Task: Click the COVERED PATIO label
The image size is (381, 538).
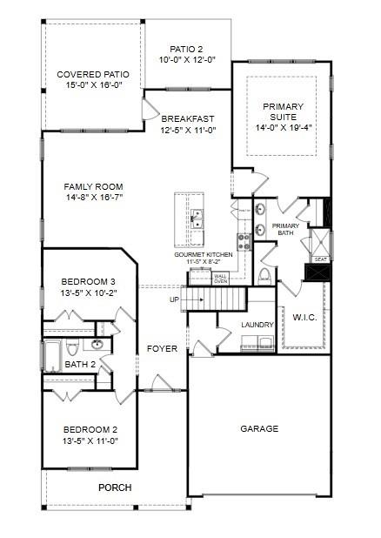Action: [x=92, y=75]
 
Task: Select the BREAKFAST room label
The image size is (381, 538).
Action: [x=187, y=118]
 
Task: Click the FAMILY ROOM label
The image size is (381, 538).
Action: [x=93, y=186]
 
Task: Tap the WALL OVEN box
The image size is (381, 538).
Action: [x=221, y=279]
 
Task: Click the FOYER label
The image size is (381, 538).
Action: [x=162, y=348]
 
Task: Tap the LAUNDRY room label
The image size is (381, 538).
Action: [x=257, y=325]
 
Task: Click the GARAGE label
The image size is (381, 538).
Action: [x=259, y=428]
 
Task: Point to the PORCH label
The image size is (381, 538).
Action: [x=114, y=488]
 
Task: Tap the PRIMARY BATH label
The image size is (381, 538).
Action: [x=286, y=229]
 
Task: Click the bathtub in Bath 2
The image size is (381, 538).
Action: [x=51, y=356]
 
